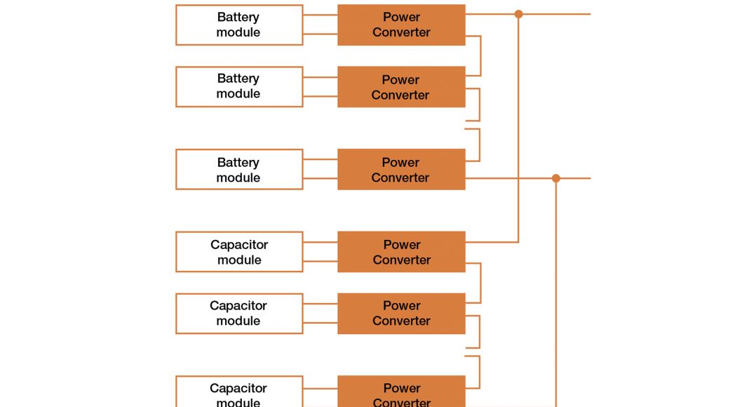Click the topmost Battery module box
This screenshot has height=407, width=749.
pos(239,25)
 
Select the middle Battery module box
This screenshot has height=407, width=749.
pos(239,86)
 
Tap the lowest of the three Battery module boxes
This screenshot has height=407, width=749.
pos(239,169)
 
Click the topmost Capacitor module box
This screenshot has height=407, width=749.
pos(239,252)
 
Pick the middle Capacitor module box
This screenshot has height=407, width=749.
pos(239,313)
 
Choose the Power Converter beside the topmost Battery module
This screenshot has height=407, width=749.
pos(401,25)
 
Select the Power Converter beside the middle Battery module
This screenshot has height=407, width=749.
pos(401,86)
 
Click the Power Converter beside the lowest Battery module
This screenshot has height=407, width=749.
pos(401,169)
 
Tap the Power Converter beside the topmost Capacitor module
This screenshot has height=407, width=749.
pos(401,252)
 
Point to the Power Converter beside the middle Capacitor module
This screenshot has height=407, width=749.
pos(401,313)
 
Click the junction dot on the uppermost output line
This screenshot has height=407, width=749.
pos(518,14)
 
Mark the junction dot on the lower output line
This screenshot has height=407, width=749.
pos(556,178)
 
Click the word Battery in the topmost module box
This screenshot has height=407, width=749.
pos(238,17)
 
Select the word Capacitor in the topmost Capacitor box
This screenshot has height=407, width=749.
pos(239,244)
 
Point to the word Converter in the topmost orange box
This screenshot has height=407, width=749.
pos(402,32)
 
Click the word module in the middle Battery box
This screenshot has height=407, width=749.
pos(238,94)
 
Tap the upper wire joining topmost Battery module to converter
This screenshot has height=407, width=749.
pos(320,16)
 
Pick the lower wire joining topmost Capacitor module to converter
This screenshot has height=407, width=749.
pos(320,262)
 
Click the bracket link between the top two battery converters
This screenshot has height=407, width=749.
pos(480,55)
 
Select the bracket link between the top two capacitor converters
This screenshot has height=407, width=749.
pos(480,283)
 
